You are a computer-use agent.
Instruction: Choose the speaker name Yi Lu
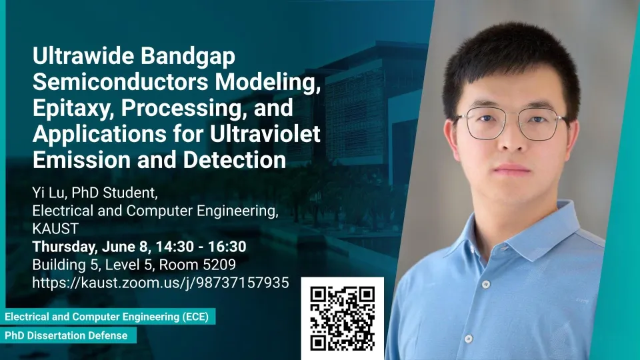point(48,193)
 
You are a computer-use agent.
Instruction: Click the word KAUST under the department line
point(55,229)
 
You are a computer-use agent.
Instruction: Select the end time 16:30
point(227,247)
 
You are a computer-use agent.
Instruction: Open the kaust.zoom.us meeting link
point(161,283)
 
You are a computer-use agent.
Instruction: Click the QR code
point(343,319)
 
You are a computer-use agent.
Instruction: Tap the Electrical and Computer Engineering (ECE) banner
point(107,317)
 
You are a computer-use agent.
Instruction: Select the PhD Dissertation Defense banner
point(67,335)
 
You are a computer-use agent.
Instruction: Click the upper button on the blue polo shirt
point(486,285)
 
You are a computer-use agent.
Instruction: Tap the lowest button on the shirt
point(469,339)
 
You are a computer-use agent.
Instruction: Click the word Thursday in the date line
point(65,247)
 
